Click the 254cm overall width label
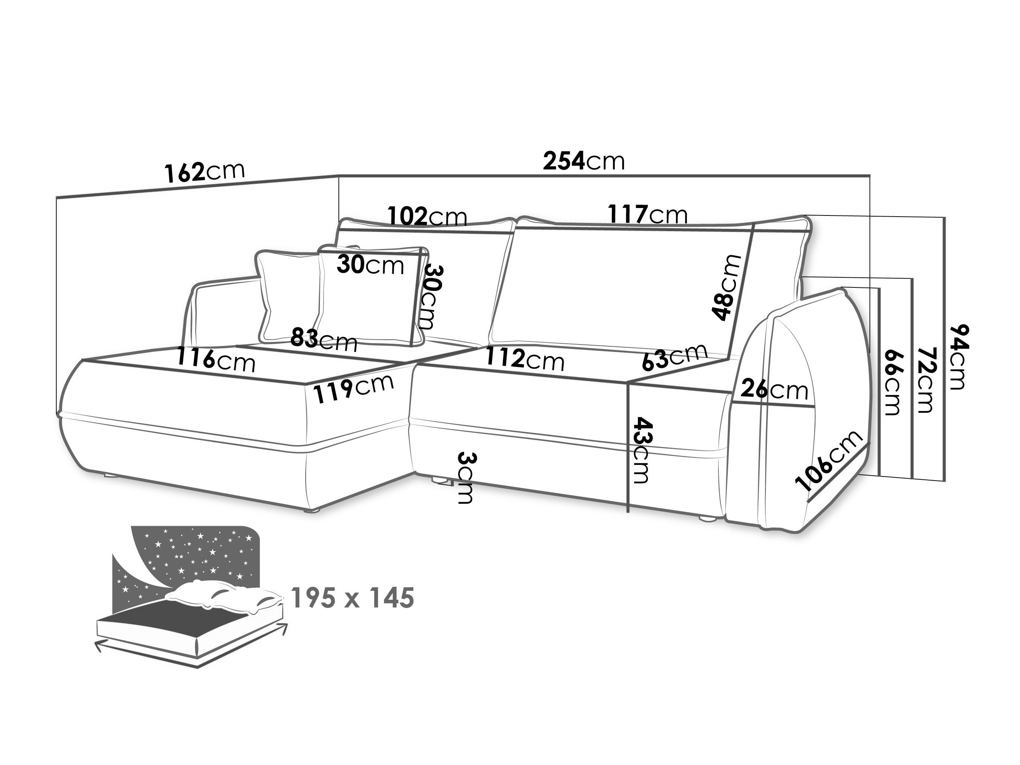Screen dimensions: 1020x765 [x=583, y=161]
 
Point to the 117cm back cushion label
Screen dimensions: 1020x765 [x=648, y=214]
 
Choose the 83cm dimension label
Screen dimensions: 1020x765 [x=324, y=340]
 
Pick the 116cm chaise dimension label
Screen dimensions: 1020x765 [x=216, y=360]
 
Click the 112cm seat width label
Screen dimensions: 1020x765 [x=525, y=358]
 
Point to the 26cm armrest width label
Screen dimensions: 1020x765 [x=774, y=390]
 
